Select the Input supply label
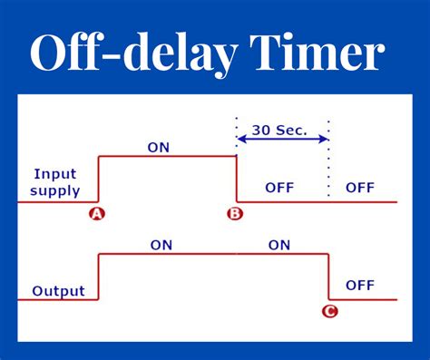[x=54, y=181]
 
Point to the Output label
[x=58, y=291]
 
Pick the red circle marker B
[x=234, y=214]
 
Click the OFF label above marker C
[x=360, y=285]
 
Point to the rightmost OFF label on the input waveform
[x=360, y=188]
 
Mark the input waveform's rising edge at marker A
[x=98, y=179]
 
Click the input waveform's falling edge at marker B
[x=237, y=179]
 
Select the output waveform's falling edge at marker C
[x=328, y=277]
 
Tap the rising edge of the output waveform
[x=98, y=277]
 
